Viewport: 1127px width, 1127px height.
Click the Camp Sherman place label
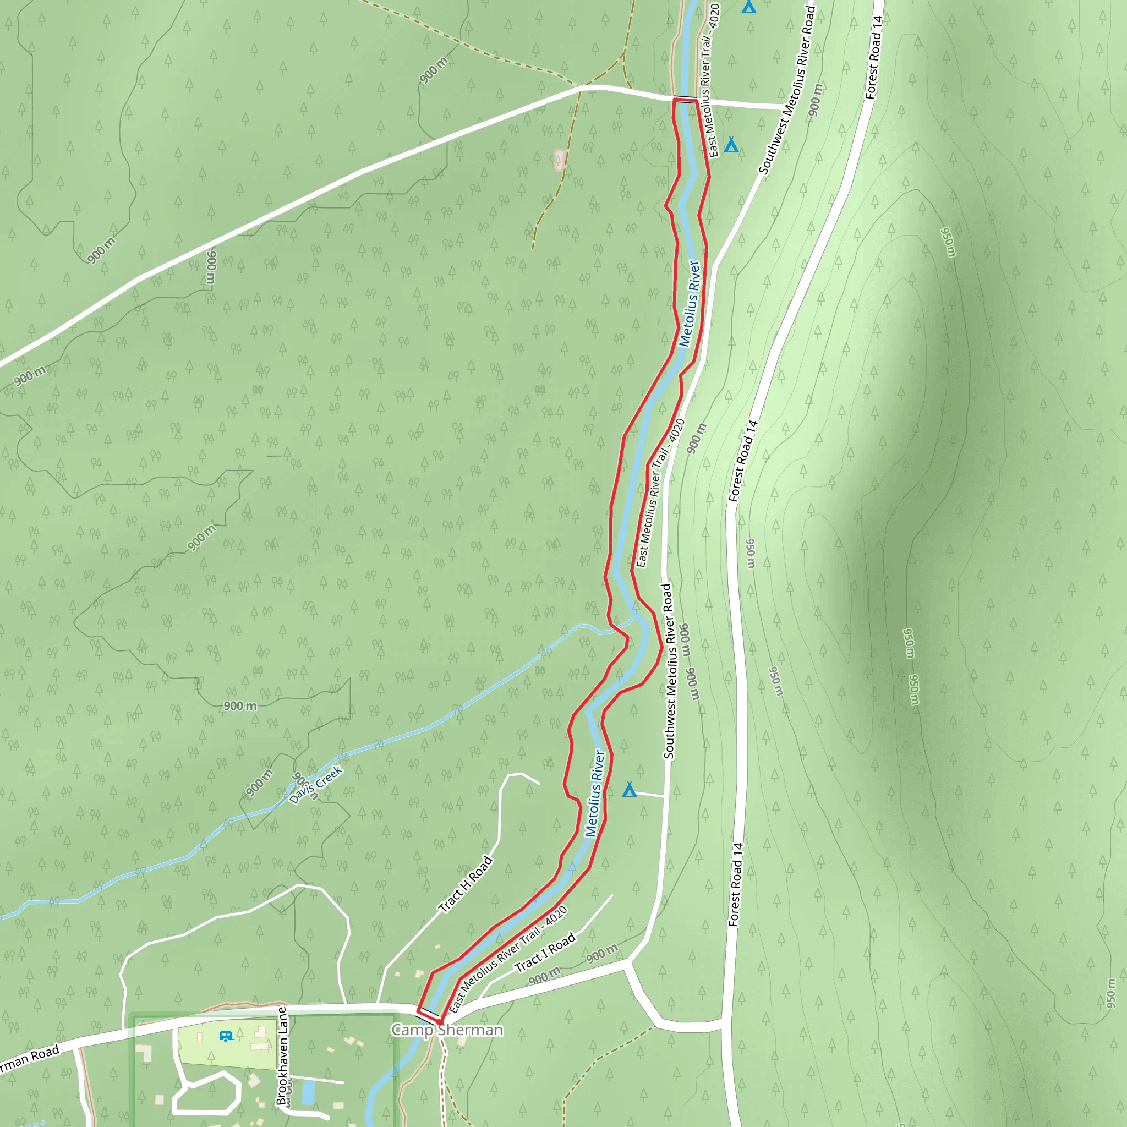pos(447,1030)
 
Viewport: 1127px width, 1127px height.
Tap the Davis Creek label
pos(315,785)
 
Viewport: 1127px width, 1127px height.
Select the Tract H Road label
pos(466,884)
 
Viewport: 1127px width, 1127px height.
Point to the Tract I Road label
pos(545,953)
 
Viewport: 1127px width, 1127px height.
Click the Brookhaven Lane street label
pos(282,1055)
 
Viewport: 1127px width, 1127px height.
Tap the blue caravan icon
pos(226,1037)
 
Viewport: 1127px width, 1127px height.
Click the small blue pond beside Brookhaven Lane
pos(308,1092)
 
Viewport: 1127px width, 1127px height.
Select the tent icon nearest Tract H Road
pos(629,790)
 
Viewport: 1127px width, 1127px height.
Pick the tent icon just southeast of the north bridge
pos(731,144)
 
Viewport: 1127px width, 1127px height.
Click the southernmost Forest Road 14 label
pos(736,884)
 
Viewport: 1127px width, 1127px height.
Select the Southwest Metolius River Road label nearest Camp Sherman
pos(668,671)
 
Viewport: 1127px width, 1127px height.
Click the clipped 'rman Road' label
pos(29,1059)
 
